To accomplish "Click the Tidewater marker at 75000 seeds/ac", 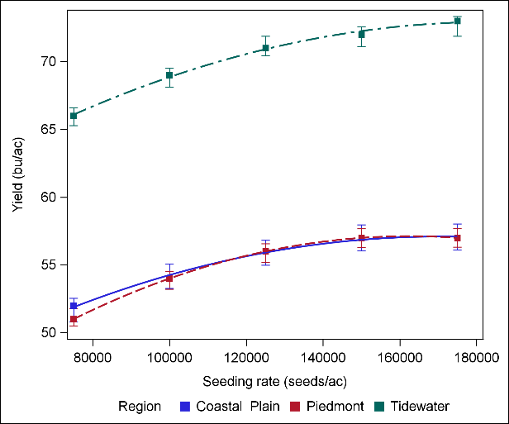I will (74, 116).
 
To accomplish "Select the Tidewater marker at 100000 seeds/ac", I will (169, 75).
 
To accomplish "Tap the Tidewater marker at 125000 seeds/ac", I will (266, 48).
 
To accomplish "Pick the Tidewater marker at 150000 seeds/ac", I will (362, 34).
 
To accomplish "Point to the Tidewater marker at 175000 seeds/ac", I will (458, 21).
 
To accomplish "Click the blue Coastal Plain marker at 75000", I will (74, 306).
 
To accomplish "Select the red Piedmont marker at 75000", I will (74, 319).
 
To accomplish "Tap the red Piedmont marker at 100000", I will (169, 279).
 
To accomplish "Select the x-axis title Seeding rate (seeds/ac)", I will (269, 381).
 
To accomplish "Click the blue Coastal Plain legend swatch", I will (186, 407).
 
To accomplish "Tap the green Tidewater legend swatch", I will (382, 407).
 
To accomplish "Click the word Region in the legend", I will (140, 407).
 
